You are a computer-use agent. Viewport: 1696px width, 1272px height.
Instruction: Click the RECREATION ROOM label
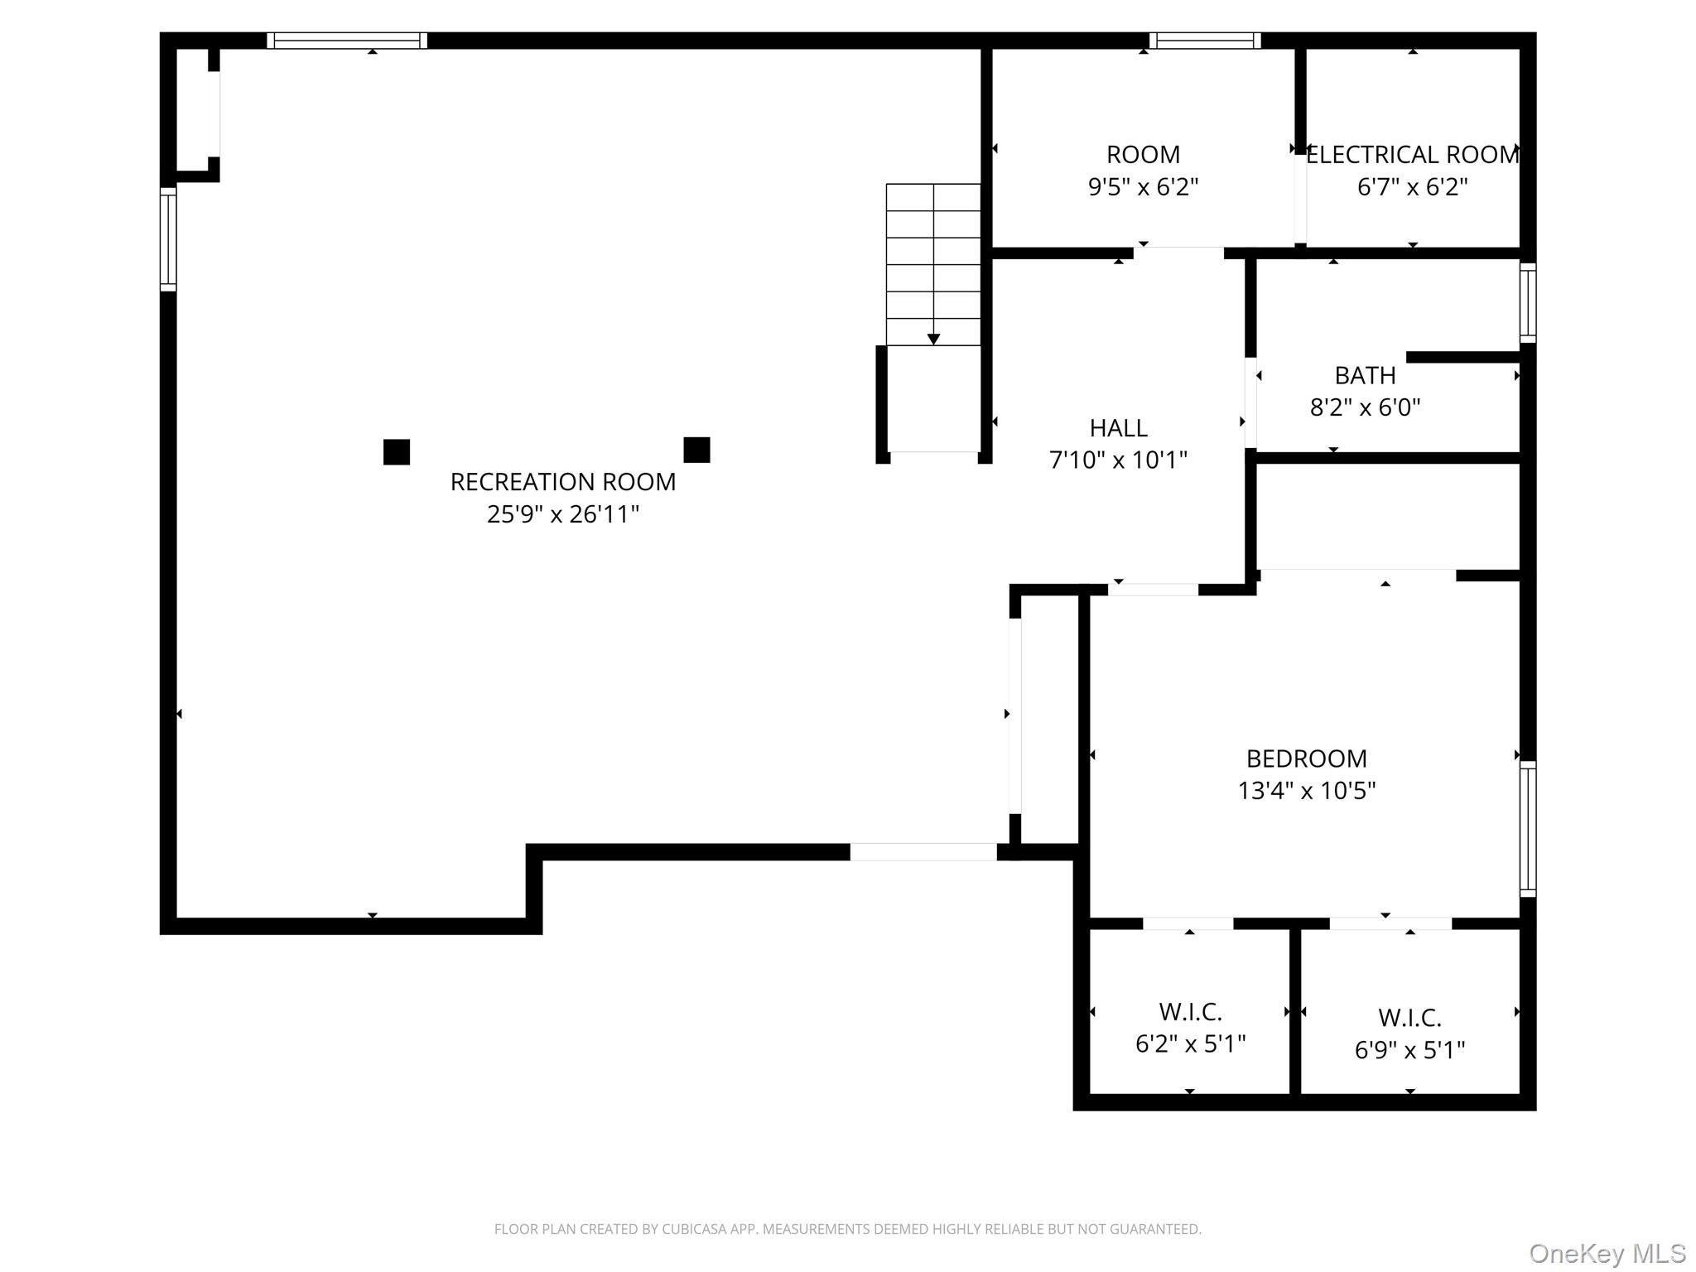tap(562, 482)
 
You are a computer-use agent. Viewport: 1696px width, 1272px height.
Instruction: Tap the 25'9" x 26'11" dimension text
tap(562, 514)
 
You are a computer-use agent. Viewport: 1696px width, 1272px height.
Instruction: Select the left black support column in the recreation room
tap(397, 452)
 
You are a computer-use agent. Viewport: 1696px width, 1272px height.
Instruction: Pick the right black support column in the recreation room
tap(696, 450)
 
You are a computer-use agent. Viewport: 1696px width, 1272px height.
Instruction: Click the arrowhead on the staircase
tap(933, 339)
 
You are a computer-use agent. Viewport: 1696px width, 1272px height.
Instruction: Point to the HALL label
tap(1118, 428)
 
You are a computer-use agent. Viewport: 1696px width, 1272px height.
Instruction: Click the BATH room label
tap(1365, 376)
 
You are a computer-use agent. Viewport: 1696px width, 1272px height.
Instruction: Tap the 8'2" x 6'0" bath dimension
tap(1365, 407)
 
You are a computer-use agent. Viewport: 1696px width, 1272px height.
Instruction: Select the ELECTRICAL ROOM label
tap(1412, 155)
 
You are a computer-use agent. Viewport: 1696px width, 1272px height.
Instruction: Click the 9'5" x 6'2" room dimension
tap(1143, 187)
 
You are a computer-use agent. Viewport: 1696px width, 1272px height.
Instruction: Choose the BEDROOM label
tap(1306, 759)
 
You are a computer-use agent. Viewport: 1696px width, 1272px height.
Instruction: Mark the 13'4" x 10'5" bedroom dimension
tap(1306, 791)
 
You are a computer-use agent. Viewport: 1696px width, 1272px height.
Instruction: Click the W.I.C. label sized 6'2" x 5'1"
tap(1190, 1012)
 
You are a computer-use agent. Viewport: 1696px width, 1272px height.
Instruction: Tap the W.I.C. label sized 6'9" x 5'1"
tap(1409, 1018)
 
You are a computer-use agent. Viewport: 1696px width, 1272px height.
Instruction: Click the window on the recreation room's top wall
tap(347, 41)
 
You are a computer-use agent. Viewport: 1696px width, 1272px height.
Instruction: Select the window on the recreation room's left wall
tap(168, 239)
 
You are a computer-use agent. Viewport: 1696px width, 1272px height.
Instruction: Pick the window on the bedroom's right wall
tap(1528, 828)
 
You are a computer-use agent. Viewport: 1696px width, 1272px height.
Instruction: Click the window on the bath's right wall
tap(1528, 302)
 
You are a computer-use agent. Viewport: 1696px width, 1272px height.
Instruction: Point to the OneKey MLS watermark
tap(1607, 1254)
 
